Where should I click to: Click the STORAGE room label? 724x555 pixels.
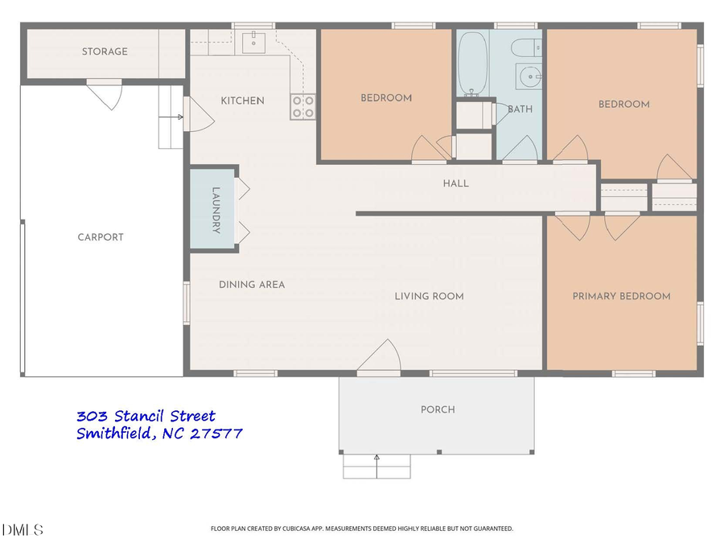click(x=105, y=51)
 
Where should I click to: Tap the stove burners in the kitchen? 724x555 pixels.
click(x=303, y=106)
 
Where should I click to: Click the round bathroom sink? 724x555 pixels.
click(x=530, y=77)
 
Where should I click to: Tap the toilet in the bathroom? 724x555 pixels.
click(x=529, y=47)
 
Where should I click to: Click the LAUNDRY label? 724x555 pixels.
click(x=216, y=211)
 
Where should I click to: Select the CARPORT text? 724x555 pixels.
click(x=101, y=237)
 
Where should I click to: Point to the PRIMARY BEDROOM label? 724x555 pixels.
click(x=621, y=296)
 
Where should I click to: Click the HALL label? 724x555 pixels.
click(x=455, y=183)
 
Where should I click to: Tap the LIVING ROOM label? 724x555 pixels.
click(x=429, y=296)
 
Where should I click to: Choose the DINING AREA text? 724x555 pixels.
click(x=252, y=285)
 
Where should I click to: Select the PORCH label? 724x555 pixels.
click(x=438, y=409)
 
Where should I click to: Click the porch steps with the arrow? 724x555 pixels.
click(x=376, y=467)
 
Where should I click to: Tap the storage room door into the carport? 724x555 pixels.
click(x=105, y=95)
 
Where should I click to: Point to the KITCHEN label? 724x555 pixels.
click(x=242, y=101)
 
